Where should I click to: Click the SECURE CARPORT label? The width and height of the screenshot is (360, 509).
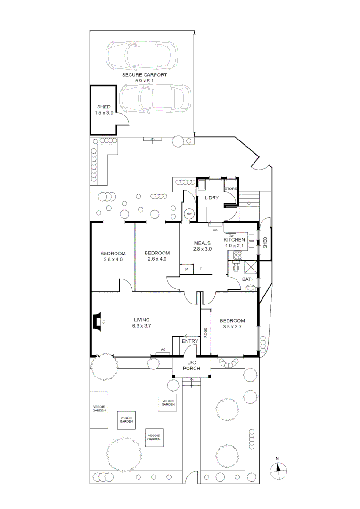pos(145,74)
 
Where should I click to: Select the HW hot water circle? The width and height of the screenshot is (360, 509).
pos(189,214)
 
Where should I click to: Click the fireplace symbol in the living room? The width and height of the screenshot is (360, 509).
pos(97,322)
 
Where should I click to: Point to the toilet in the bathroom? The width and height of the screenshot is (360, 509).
pos(237,267)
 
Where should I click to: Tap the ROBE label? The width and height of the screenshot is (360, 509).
pos(205,332)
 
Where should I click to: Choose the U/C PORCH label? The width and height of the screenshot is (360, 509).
pos(191,366)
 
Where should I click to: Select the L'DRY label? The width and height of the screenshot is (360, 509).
pos(212,197)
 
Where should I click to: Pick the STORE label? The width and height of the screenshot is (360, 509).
pos(231,189)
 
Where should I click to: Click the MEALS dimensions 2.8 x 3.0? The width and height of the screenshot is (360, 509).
pos(202,249)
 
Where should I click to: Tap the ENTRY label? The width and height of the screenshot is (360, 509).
pos(190,341)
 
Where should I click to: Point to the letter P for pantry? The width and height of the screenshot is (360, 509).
pos(187,269)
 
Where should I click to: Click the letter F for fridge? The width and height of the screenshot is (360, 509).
pos(201,269)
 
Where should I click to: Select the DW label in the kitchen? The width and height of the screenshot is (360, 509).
pos(231,236)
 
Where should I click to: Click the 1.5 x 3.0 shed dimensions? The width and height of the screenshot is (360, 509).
pos(104,113)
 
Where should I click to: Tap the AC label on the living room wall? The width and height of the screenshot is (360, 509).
pos(163,350)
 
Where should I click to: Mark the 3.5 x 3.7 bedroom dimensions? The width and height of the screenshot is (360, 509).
pos(232,327)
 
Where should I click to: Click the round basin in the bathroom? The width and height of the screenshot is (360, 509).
pos(250,287)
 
